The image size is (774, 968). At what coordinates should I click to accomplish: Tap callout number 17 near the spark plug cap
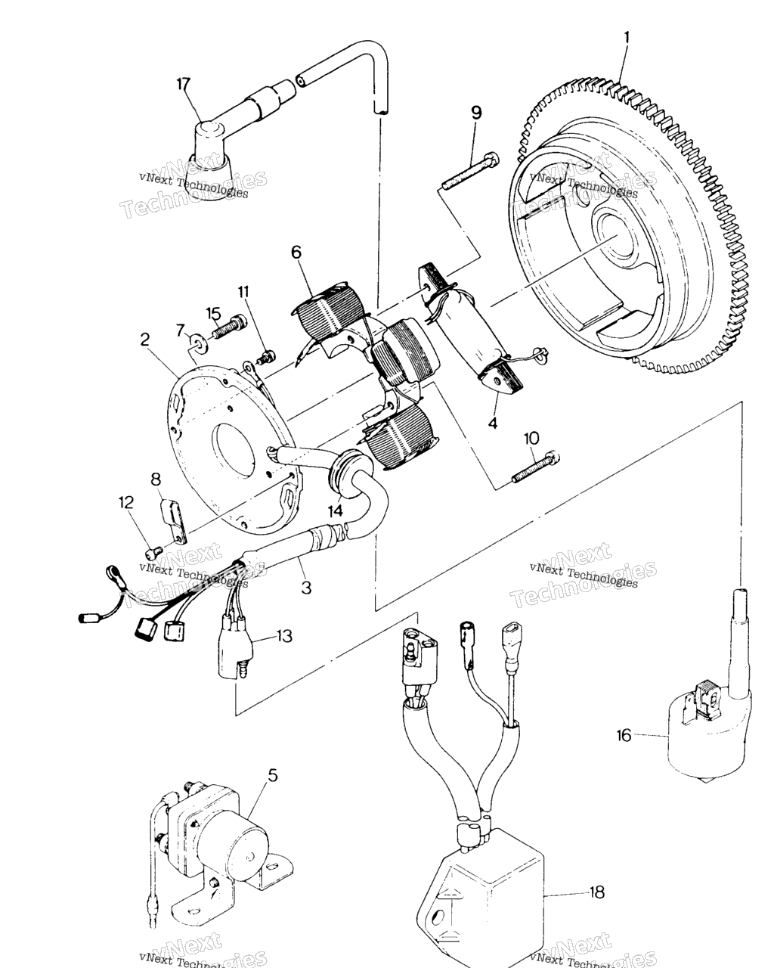[183, 84]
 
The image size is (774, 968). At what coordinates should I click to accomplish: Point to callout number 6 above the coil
[296, 253]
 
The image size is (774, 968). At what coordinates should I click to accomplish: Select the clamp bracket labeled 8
[174, 520]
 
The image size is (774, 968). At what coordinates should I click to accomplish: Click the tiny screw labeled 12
[154, 550]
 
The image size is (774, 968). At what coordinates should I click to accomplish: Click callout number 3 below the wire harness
[305, 586]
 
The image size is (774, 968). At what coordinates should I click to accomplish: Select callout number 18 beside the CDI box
[597, 892]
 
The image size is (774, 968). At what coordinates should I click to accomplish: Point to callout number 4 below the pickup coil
[494, 423]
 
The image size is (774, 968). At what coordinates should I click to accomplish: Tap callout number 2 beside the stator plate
[145, 340]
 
